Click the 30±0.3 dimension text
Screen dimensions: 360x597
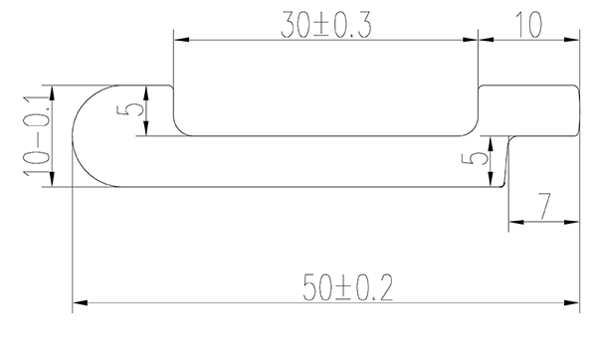[326, 26]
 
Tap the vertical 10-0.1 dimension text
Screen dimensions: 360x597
[38, 136]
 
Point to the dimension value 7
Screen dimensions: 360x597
[543, 207]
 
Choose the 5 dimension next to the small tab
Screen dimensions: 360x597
[481, 160]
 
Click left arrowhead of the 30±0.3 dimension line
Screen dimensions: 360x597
[179, 40]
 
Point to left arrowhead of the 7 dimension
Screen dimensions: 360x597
[513, 221]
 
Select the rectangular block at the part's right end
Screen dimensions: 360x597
[528, 110]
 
